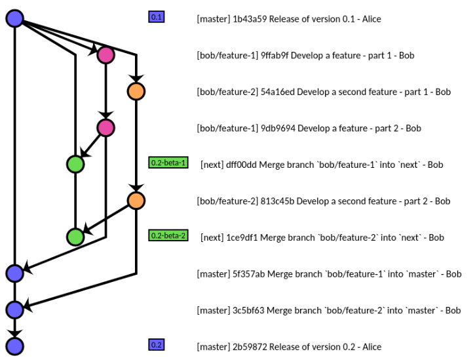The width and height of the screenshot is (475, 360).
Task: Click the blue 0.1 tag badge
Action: coord(157,17)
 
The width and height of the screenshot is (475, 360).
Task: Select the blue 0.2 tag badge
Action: coord(157,345)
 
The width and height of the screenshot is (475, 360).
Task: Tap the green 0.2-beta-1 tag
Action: coord(168,163)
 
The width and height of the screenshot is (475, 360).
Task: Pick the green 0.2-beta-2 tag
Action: coord(168,235)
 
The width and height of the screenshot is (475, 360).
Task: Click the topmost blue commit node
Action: coord(14,18)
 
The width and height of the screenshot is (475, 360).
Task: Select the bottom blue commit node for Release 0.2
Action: coord(14,346)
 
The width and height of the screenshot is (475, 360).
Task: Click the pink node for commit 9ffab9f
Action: coord(105,55)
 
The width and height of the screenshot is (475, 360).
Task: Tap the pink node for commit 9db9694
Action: coord(105,128)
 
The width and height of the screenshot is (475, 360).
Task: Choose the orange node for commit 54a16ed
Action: coord(136,91)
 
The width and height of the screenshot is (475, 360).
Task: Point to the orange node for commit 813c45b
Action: coord(136,201)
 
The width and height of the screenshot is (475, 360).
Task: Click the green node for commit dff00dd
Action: coord(75,164)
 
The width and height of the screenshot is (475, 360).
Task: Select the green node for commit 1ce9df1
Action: coord(75,237)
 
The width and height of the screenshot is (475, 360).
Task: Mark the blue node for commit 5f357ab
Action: coord(14,273)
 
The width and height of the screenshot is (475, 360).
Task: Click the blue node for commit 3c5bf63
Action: coord(14,309)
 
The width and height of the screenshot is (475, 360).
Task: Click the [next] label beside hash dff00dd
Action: coord(212,165)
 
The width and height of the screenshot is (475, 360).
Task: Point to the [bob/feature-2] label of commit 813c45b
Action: coord(227,201)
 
